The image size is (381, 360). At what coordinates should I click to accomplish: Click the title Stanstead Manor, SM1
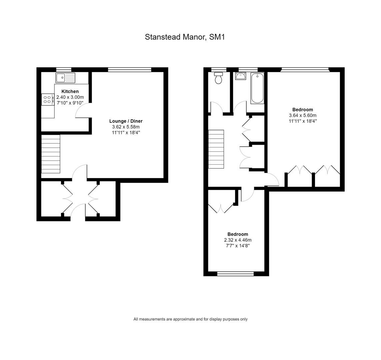pyautogui.click(x=185, y=37)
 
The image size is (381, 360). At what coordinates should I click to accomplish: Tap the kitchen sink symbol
pyautogui.click(x=65, y=78)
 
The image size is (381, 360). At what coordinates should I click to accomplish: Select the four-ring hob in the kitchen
pyautogui.click(x=48, y=100)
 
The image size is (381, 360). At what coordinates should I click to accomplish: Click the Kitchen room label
pyautogui.click(x=70, y=92)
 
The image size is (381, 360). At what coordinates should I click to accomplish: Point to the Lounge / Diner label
pyautogui.click(x=126, y=121)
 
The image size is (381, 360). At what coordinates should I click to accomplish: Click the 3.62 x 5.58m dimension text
pyautogui.click(x=126, y=127)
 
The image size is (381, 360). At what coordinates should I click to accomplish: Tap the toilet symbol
pyautogui.click(x=218, y=78)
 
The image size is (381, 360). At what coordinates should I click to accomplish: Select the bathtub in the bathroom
pyautogui.click(x=257, y=88)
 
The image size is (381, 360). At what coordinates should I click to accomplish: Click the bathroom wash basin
pyautogui.click(x=241, y=76)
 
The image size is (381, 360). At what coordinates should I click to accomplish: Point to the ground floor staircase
pyautogui.click(x=51, y=154)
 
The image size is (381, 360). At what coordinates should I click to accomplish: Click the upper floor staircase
pyautogui.click(x=216, y=149)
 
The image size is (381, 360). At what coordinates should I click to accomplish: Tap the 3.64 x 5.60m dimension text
pyautogui.click(x=303, y=115)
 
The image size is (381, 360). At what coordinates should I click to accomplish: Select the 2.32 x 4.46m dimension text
pyautogui.click(x=238, y=240)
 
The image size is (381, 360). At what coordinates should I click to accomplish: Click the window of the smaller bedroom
pyautogui.click(x=235, y=274)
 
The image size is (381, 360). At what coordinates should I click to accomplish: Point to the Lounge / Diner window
pyautogui.click(x=130, y=70)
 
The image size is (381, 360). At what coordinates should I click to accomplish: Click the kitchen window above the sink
pyautogui.click(x=64, y=70)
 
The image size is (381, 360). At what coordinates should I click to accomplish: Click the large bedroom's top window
pyautogui.click(x=305, y=70)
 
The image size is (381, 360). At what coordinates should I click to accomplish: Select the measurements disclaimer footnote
pyautogui.click(x=191, y=319)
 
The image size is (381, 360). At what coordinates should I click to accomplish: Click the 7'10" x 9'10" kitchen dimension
pyautogui.click(x=70, y=103)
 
